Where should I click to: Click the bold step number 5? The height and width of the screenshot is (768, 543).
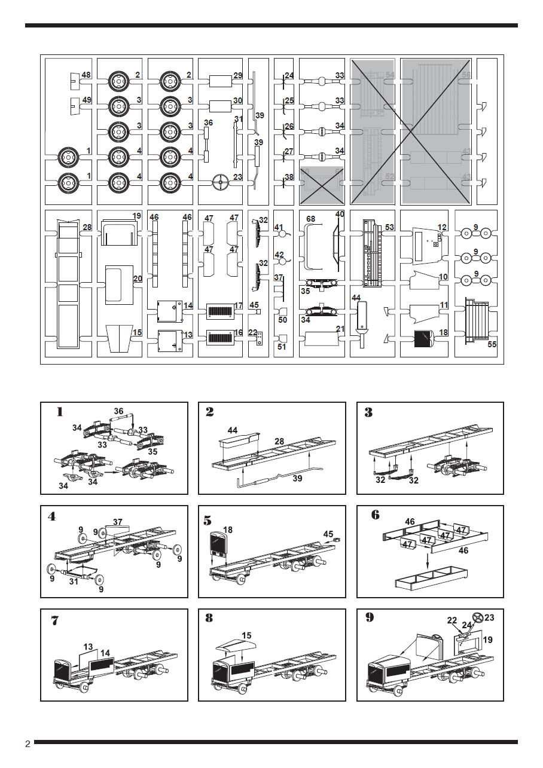coord(208,520)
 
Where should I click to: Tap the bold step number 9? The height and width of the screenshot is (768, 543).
coord(370,617)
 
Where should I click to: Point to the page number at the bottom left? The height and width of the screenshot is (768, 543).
coord(28,744)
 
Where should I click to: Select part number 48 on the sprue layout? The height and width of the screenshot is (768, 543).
coord(87,75)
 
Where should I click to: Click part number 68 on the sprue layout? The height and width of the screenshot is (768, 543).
coord(310,219)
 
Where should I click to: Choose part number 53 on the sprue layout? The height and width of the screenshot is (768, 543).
coord(390,228)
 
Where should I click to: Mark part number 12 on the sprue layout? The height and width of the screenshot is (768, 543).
coord(443,227)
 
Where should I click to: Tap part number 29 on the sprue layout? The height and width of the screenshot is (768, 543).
coord(238,75)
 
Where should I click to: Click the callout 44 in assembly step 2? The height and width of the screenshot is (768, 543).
coord(232,430)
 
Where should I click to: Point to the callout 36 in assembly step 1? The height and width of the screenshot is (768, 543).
coord(118,411)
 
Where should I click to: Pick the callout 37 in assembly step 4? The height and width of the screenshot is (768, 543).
coord(118,522)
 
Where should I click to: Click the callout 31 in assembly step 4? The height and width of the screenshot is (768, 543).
coord(73,581)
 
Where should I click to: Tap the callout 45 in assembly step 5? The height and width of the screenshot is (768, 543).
coord(328,534)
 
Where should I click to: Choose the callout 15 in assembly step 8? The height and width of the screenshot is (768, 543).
coord(247,635)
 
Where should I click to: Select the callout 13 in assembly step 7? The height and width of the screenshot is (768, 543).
coord(88,647)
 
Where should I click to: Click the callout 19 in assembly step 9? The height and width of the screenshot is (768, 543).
coord(487,640)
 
